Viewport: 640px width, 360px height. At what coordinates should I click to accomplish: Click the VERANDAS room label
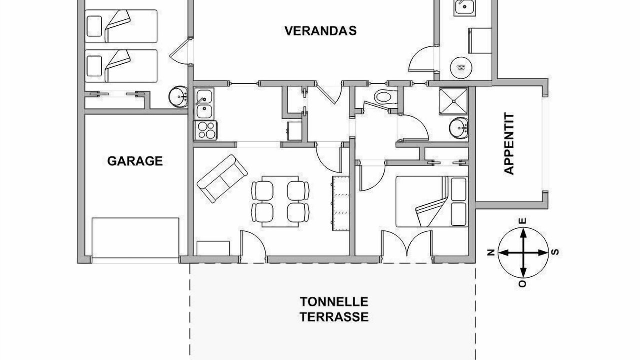[x=321, y=31]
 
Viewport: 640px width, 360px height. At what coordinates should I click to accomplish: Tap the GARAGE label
[x=135, y=161]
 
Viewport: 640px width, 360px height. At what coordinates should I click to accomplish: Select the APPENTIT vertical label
[x=509, y=143]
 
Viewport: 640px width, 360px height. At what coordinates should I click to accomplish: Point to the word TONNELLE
[x=334, y=302]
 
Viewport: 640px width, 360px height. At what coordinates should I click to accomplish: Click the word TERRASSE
[x=334, y=317]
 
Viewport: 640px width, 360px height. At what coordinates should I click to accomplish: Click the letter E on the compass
[x=523, y=221]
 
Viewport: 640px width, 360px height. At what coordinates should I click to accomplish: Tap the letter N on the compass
[x=491, y=252]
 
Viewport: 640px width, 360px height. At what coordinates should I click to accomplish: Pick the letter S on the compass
[x=555, y=252]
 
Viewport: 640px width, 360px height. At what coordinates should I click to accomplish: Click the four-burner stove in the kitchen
[x=205, y=130]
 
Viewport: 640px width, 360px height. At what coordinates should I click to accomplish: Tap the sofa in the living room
[x=222, y=179]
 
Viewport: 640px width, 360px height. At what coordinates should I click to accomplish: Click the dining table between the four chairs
[x=280, y=201]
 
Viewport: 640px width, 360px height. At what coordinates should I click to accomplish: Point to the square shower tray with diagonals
[x=453, y=101]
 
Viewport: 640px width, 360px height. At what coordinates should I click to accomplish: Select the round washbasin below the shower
[x=459, y=128]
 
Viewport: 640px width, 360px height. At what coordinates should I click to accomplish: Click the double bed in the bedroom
[x=431, y=201]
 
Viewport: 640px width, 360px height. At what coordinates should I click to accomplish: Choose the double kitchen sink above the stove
[x=204, y=104]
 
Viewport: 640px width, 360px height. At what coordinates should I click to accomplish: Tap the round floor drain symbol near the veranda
[x=461, y=68]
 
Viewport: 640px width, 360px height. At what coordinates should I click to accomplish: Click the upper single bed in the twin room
[x=121, y=26]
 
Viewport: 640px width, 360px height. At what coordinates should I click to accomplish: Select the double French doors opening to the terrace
[x=407, y=243]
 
